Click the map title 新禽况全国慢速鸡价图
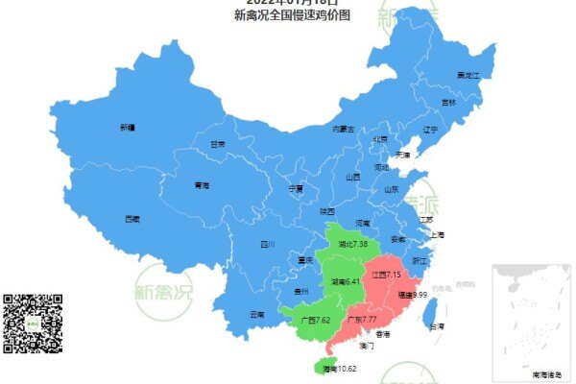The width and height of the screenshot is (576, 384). [x=292, y=15]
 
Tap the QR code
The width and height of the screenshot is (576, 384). [x=33, y=323]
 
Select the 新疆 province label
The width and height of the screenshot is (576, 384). [x=128, y=128]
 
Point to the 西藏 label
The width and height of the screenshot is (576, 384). [x=132, y=219]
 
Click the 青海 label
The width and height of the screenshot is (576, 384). [x=202, y=186]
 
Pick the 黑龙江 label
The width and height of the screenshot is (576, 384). [x=468, y=75]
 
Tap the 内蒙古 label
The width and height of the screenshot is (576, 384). [x=343, y=129]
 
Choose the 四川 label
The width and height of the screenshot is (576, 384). [x=268, y=245]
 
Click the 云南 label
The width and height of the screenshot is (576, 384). [x=256, y=314]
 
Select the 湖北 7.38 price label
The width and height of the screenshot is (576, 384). [x=353, y=245]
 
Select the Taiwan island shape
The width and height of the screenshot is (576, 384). [x=432, y=311]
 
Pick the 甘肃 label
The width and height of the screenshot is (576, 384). [x=218, y=144]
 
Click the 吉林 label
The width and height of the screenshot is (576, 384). [x=448, y=102]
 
